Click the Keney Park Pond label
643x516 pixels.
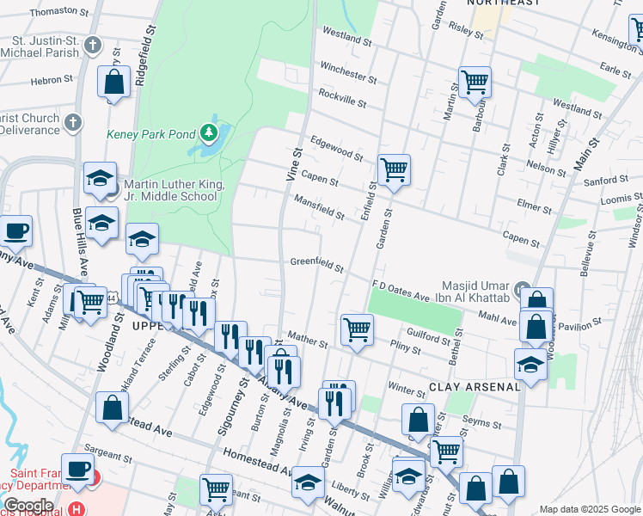coord(150,134)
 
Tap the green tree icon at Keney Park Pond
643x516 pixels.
coord(208,133)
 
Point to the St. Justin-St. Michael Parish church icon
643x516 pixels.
coord(94,46)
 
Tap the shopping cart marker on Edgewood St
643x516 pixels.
coord(394,169)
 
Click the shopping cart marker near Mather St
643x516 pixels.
coord(356,329)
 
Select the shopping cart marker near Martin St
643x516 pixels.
coord(474,83)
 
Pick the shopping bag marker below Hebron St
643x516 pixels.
coord(113,83)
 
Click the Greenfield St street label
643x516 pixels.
coord(316,263)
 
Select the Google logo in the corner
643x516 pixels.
coord(28,505)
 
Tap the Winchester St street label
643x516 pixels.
coord(347,72)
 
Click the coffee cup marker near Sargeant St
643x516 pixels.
coord(78,470)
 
